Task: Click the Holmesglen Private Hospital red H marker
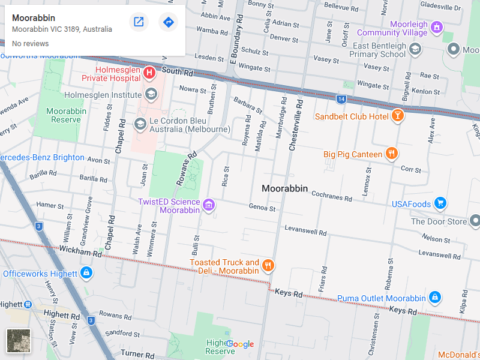[149, 73]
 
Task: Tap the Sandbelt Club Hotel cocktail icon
[397, 116]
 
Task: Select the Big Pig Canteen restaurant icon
[391, 154]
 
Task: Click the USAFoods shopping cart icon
[440, 204]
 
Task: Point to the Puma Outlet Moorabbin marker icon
[435, 298]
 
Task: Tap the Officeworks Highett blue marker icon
[86, 274]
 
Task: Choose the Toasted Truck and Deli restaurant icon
[268, 265]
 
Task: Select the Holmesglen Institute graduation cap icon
[151, 94]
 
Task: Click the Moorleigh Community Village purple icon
[437, 28]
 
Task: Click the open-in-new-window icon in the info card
[139, 22]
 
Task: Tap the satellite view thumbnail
[18, 341]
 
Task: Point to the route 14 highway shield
[341, 98]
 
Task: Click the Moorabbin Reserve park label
[65, 115]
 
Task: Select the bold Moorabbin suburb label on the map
[284, 188]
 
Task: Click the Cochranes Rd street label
[332, 197]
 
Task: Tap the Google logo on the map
[240, 344]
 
